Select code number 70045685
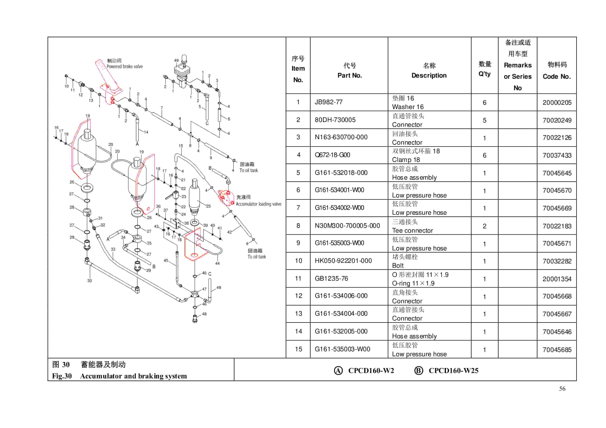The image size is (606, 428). (557, 350)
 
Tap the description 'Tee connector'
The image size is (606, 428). (412, 231)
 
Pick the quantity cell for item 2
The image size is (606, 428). (484, 120)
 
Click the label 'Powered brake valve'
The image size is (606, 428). (125, 66)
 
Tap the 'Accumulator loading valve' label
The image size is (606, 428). (258, 204)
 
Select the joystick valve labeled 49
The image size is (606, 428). (182, 71)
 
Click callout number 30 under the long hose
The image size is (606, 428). (89, 281)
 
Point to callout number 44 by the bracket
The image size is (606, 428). (217, 263)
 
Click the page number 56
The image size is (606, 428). (562, 389)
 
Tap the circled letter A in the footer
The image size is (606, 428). (338, 371)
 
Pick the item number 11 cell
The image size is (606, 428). (298, 279)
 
